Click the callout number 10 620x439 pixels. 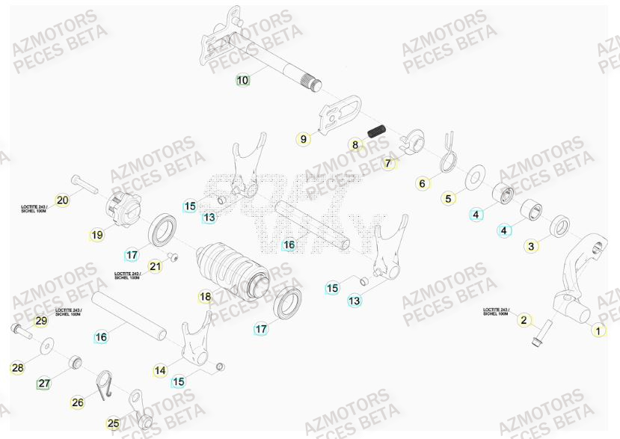pyautogui.click(x=243, y=80)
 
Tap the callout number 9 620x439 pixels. pyautogui.click(x=304, y=139)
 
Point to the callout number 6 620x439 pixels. pyautogui.click(x=422, y=183)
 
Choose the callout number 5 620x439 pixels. pyautogui.click(x=449, y=199)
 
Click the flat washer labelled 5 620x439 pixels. pyautogui.click(x=474, y=178)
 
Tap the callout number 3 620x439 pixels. pyautogui.click(x=531, y=246)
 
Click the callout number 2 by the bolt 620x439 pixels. pyautogui.click(x=524, y=320)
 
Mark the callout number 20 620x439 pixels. pyautogui.click(x=63, y=200)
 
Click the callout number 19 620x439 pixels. pyautogui.click(x=97, y=235)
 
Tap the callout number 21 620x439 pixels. pyautogui.click(x=155, y=266)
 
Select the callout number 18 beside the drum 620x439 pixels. pyautogui.click(x=206, y=297)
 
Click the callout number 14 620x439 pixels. pyautogui.click(x=160, y=370)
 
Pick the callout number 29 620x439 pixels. pyautogui.click(x=41, y=321)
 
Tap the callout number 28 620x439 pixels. pyautogui.click(x=18, y=368)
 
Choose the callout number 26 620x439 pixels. pyautogui.click(x=78, y=402)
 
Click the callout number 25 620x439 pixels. pyautogui.click(x=113, y=424)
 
